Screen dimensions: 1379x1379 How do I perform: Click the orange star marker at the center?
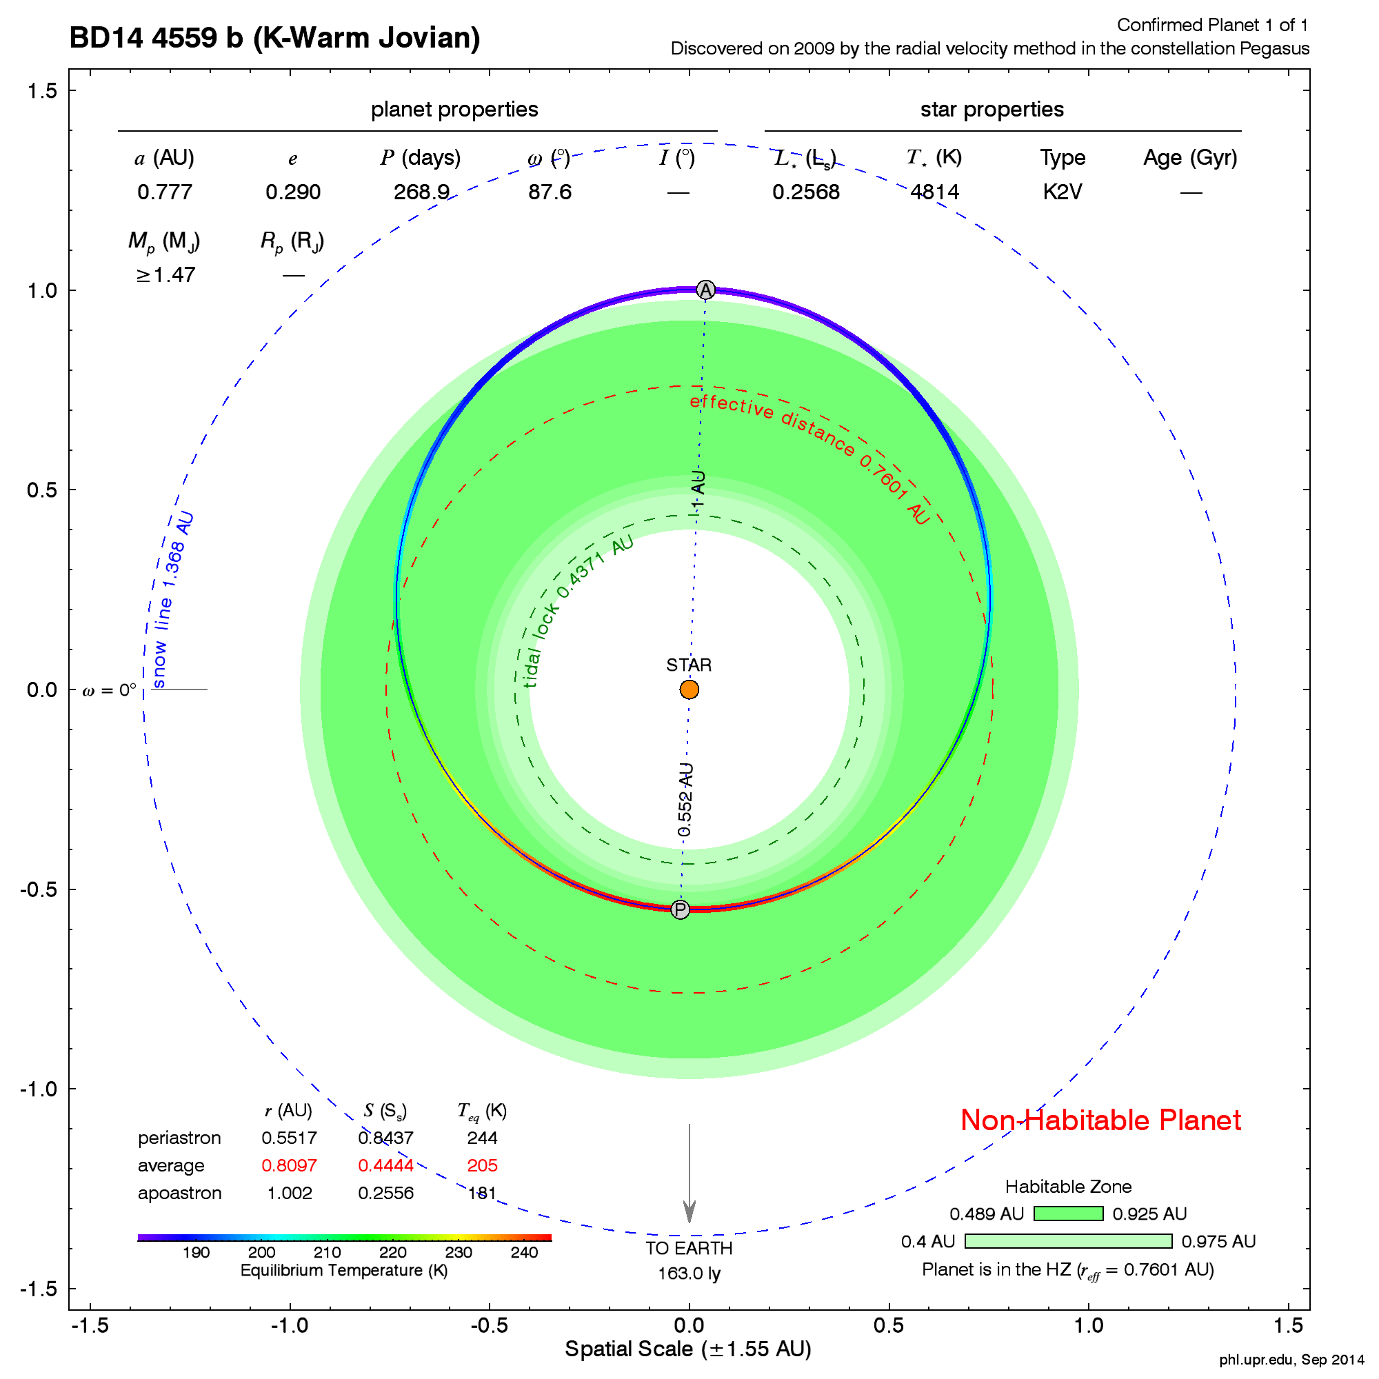pyautogui.click(x=689, y=689)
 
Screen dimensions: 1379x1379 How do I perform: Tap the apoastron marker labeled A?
pyautogui.click(x=705, y=290)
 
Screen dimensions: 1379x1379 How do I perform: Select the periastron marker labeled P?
pyautogui.click(x=681, y=909)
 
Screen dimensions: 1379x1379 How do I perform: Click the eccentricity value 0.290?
pyautogui.click(x=292, y=192)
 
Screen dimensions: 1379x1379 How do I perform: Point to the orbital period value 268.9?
pyautogui.click(x=421, y=192)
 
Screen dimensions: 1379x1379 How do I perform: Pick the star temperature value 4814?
pyautogui.click(x=934, y=192)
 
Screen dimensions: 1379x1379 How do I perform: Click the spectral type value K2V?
pyautogui.click(x=1062, y=192)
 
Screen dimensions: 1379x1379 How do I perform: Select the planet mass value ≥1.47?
pyautogui.click(x=165, y=275)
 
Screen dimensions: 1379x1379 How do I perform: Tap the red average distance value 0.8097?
pyautogui.click(x=289, y=1165)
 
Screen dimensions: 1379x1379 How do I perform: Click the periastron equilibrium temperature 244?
pyautogui.click(x=482, y=1137)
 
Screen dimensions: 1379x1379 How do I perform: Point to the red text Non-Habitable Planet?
pyautogui.click(x=1100, y=1120)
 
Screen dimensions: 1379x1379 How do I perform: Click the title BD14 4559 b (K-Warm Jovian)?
pyautogui.click(x=275, y=38)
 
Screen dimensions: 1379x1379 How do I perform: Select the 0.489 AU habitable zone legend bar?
pyautogui.click(x=1068, y=1214)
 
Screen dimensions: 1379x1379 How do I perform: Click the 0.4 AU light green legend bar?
pyautogui.click(x=1068, y=1241)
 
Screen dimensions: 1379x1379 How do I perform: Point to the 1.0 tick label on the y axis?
pyautogui.click(x=41, y=290)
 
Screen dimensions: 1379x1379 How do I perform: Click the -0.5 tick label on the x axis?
pyautogui.click(x=488, y=1326)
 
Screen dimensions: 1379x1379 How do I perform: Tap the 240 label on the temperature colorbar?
pyautogui.click(x=524, y=1253)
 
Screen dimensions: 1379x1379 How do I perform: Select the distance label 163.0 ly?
pyautogui.click(x=689, y=1274)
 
